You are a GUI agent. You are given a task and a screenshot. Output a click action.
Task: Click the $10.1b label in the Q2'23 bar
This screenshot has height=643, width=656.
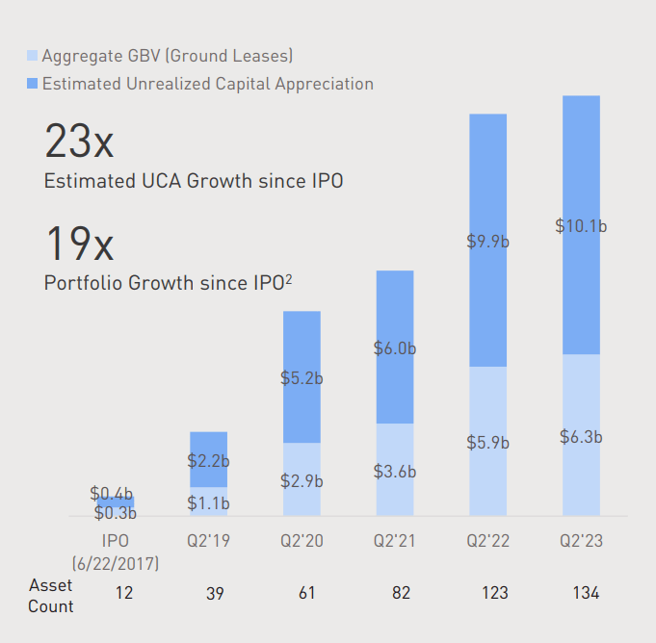click(x=581, y=226)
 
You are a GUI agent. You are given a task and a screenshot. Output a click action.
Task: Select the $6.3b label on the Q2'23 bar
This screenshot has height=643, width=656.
click(x=581, y=436)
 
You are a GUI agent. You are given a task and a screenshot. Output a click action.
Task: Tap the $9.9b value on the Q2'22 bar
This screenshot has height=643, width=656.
click(x=487, y=241)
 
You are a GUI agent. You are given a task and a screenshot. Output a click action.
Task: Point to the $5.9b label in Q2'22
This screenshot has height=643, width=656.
click(x=487, y=443)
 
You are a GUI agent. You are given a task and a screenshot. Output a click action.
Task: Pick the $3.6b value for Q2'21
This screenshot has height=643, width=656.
click(x=395, y=472)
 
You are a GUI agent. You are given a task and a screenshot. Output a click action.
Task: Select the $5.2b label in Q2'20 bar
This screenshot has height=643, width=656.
click(x=302, y=378)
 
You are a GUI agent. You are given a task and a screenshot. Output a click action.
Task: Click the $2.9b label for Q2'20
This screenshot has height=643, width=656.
click(x=302, y=480)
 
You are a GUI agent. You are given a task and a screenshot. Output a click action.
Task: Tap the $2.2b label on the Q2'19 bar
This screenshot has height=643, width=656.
click(x=209, y=461)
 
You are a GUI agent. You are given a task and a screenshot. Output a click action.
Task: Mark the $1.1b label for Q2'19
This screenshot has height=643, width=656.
click(x=209, y=502)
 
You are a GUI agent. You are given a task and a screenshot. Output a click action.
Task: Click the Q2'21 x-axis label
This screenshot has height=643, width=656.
click(x=395, y=541)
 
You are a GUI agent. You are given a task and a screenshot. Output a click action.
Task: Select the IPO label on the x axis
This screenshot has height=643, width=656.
click(x=116, y=541)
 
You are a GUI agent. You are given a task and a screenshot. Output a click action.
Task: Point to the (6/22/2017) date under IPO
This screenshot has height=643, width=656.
click(x=116, y=562)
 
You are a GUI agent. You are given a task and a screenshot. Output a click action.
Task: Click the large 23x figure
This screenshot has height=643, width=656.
click(x=79, y=142)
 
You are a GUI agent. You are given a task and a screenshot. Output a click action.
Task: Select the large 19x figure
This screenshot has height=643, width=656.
click(x=79, y=244)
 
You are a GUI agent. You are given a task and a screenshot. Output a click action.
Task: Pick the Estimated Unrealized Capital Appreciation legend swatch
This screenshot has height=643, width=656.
click(x=32, y=84)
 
